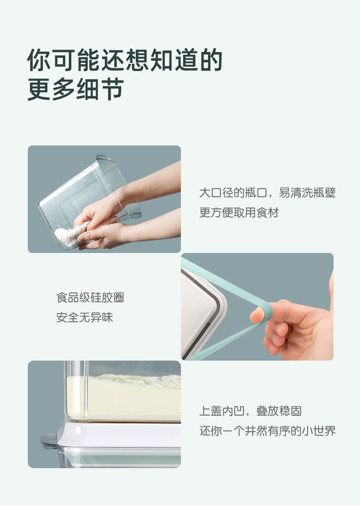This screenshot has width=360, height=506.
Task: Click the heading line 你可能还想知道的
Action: [x=125, y=60]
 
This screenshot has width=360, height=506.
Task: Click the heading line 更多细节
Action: [x=76, y=89]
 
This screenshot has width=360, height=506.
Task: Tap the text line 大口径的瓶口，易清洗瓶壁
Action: [x=267, y=193]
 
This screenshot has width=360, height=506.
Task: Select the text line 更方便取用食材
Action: [x=239, y=213]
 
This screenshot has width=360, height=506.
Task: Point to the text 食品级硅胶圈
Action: [x=90, y=298]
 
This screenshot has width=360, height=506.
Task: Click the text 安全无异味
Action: [x=84, y=317]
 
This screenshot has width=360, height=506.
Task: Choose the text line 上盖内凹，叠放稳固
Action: [x=250, y=411]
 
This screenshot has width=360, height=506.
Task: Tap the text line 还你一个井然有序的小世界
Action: [x=267, y=431]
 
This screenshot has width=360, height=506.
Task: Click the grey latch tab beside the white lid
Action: [x=49, y=440]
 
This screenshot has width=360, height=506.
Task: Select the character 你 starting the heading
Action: [x=39, y=60]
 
